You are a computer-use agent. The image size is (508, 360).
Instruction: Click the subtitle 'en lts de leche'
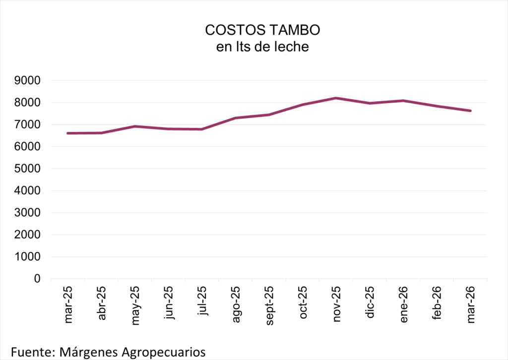pos(262,47)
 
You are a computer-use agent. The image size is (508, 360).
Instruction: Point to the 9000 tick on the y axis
pos(31,81)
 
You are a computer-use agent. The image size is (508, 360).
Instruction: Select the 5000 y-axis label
pos(31,169)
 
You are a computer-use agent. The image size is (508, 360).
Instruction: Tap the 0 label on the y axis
pos(37,279)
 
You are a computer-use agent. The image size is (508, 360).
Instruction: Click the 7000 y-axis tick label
pos(31,125)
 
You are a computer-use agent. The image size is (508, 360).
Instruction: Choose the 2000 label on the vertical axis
pos(31,235)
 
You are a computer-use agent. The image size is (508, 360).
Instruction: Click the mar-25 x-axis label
pos(68,304)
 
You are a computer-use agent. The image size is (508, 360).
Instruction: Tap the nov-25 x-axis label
pos(336,304)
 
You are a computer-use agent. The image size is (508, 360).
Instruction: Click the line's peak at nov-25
pos(336,98)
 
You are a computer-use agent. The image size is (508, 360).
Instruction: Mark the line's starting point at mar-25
pos(68,133)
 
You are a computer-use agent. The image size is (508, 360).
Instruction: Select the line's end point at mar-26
pos(470,111)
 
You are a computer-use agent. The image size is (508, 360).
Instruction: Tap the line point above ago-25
pos(236,118)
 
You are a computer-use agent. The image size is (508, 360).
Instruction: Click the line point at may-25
pos(135,126)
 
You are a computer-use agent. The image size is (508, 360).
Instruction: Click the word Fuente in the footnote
pos(30,352)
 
